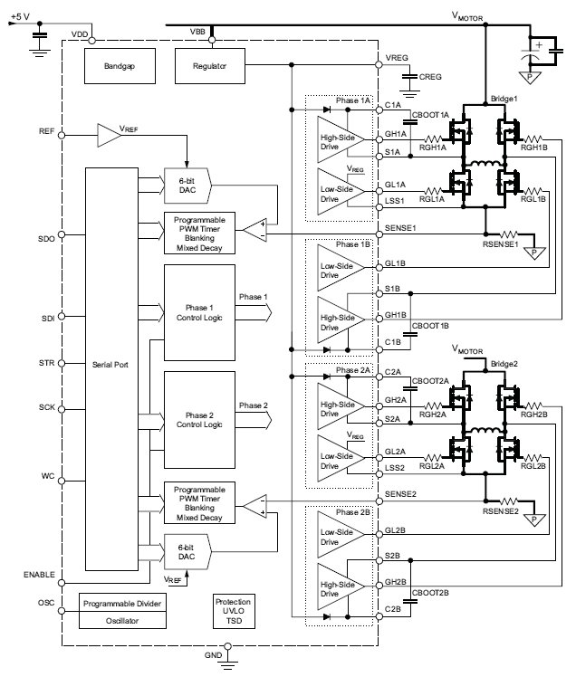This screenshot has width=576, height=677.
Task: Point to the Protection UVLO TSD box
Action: click(234, 611)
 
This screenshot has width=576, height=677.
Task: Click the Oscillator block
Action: click(123, 621)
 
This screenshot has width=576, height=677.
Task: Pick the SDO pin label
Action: click(47, 239)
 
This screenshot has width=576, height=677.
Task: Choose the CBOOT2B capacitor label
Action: click(430, 594)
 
